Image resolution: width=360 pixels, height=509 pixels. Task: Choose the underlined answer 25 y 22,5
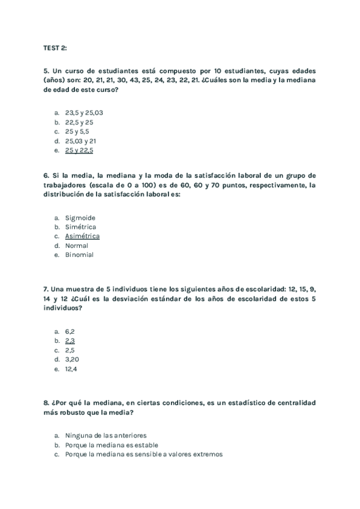[x=79, y=150]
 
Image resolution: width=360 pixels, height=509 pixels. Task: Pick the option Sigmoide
[x=80, y=218]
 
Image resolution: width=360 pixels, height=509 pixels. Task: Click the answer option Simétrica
[x=80, y=227]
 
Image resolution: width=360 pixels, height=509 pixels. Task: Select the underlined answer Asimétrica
[x=83, y=236]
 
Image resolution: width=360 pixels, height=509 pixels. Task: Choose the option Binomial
[x=79, y=254]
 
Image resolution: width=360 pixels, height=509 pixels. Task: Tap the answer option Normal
[x=77, y=245]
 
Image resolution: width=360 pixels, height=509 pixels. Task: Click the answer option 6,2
[x=70, y=331]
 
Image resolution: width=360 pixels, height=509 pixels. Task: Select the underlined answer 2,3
[x=70, y=340]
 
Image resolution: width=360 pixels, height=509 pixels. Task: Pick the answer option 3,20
[x=72, y=359]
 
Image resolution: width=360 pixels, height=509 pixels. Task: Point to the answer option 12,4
[x=71, y=369]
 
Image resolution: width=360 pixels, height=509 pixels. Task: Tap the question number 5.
[x=46, y=70]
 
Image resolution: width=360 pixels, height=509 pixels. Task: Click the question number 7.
[x=46, y=289]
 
